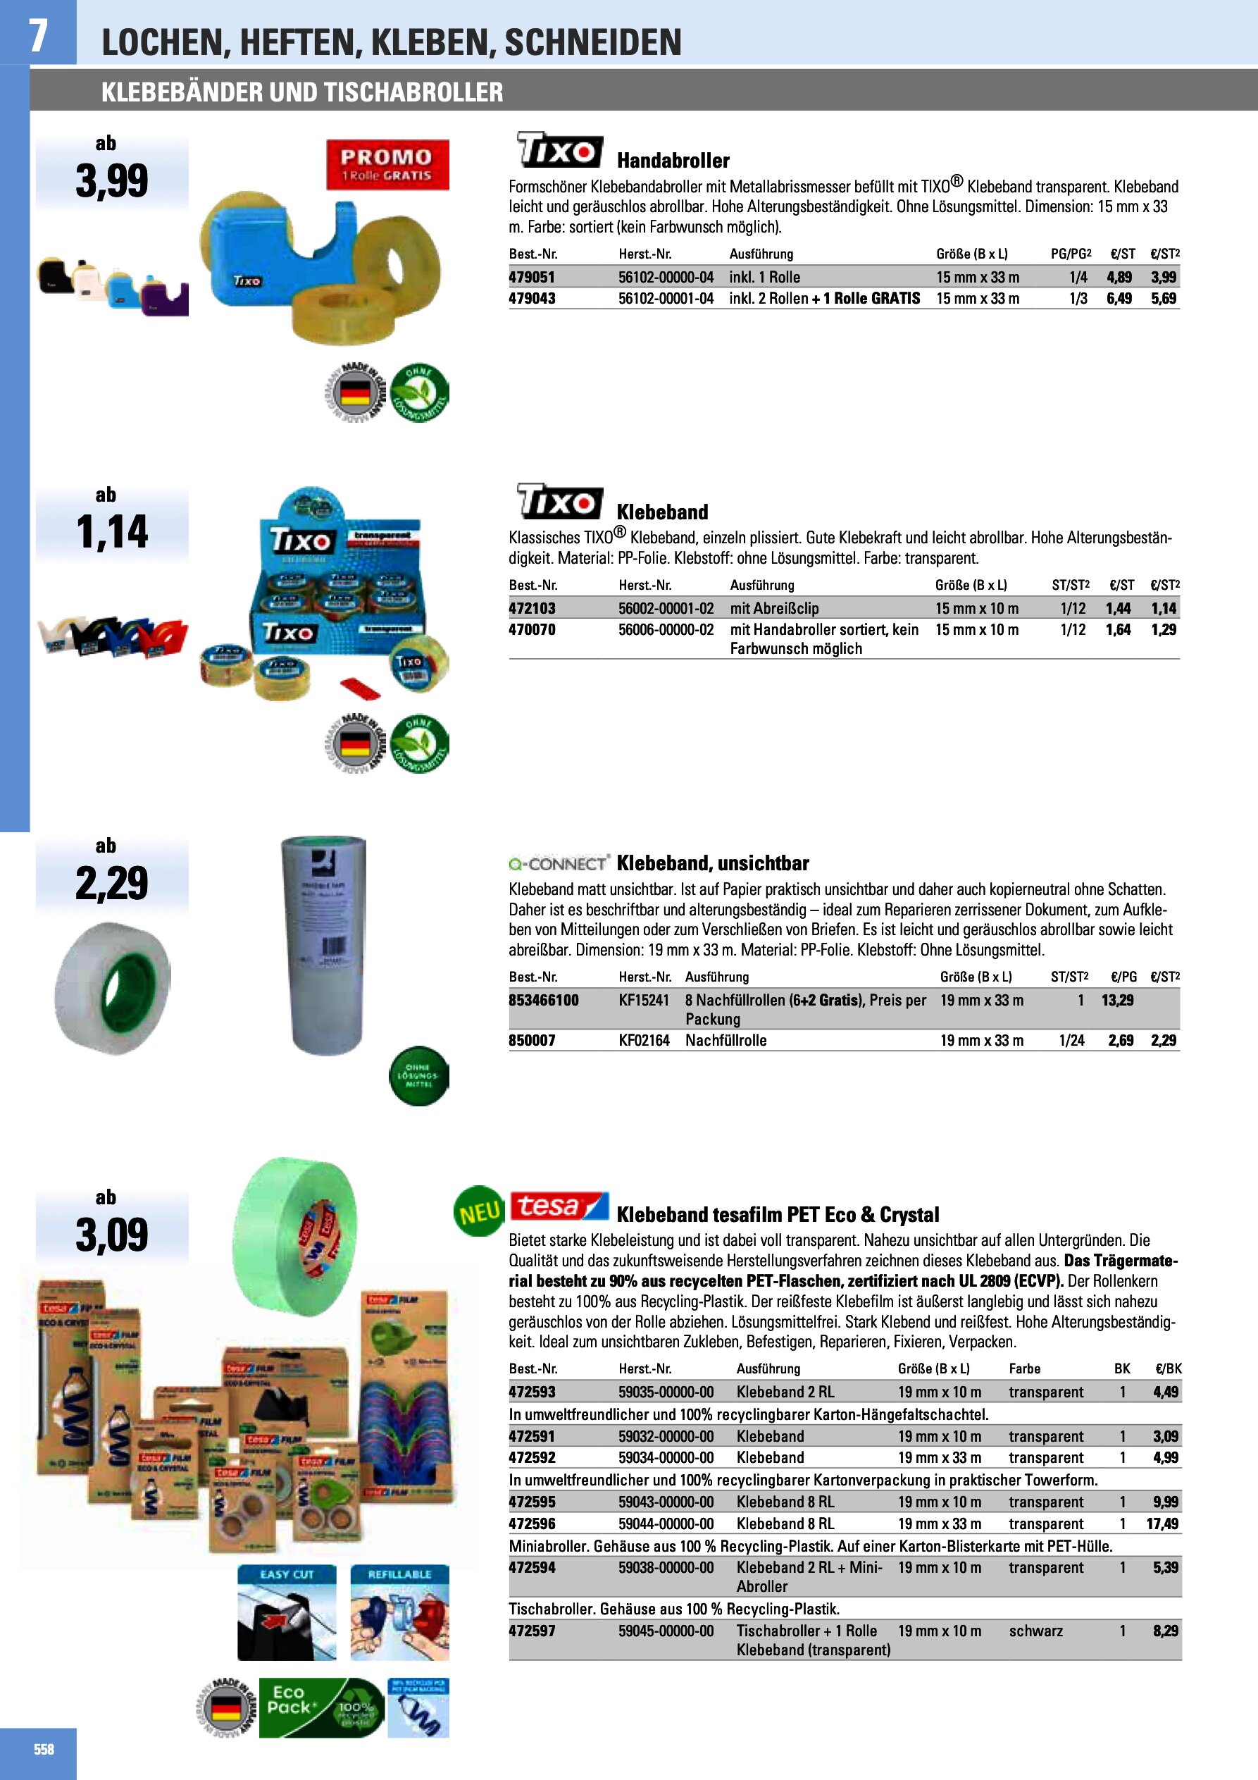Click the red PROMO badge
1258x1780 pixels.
click(387, 164)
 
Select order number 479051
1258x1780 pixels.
click(532, 277)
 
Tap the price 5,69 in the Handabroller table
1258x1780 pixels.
click(1163, 299)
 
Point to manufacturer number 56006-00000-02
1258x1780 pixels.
click(666, 629)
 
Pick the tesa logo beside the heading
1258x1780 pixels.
click(559, 1207)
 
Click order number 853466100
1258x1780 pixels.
click(543, 1000)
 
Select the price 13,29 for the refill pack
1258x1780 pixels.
click(1117, 1000)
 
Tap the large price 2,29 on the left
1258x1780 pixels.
click(111, 883)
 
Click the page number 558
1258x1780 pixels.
click(44, 1749)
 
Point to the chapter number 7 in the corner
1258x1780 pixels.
click(37, 35)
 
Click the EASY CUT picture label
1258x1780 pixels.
click(287, 1574)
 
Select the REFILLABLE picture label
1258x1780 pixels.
click(399, 1574)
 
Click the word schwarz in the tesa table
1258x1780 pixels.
click(1035, 1631)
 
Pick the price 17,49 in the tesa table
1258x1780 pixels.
click(1162, 1523)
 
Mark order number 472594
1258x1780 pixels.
click(532, 1568)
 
